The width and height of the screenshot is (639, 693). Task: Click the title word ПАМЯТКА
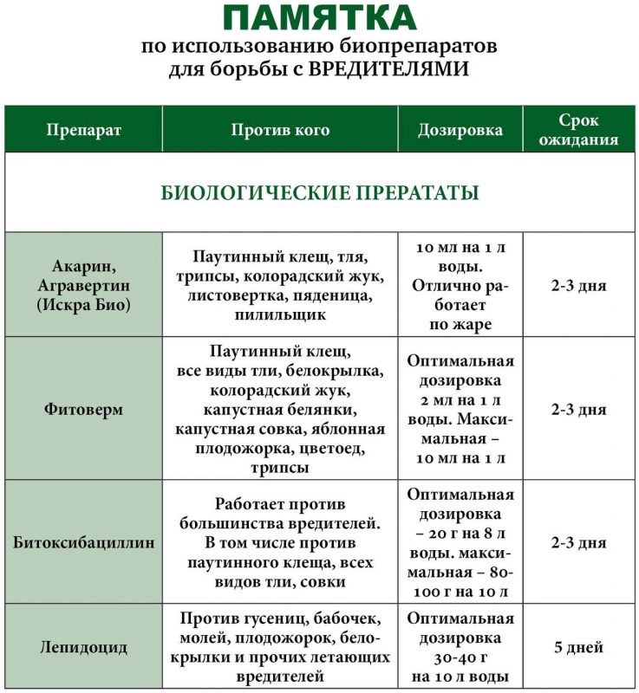(x=319, y=18)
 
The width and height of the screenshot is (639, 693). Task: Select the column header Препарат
(x=83, y=130)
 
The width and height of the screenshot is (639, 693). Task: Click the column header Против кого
(x=280, y=130)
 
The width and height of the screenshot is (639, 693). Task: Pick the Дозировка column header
(x=460, y=130)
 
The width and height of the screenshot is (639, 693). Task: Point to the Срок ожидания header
(x=578, y=130)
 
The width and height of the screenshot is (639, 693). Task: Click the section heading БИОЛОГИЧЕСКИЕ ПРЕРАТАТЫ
(x=320, y=191)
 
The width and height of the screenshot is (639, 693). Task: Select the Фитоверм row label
(x=83, y=409)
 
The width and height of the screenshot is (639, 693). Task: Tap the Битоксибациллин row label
(x=83, y=543)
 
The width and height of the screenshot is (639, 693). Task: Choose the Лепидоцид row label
(x=83, y=647)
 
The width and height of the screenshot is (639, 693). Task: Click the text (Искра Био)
(x=83, y=304)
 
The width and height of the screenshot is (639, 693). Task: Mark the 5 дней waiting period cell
(x=578, y=647)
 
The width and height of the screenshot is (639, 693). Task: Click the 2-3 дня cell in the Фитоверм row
(x=578, y=409)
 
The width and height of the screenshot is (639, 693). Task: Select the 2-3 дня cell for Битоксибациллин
(x=578, y=543)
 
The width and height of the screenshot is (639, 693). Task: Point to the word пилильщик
(x=280, y=314)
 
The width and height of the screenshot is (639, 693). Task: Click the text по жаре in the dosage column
(x=460, y=325)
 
